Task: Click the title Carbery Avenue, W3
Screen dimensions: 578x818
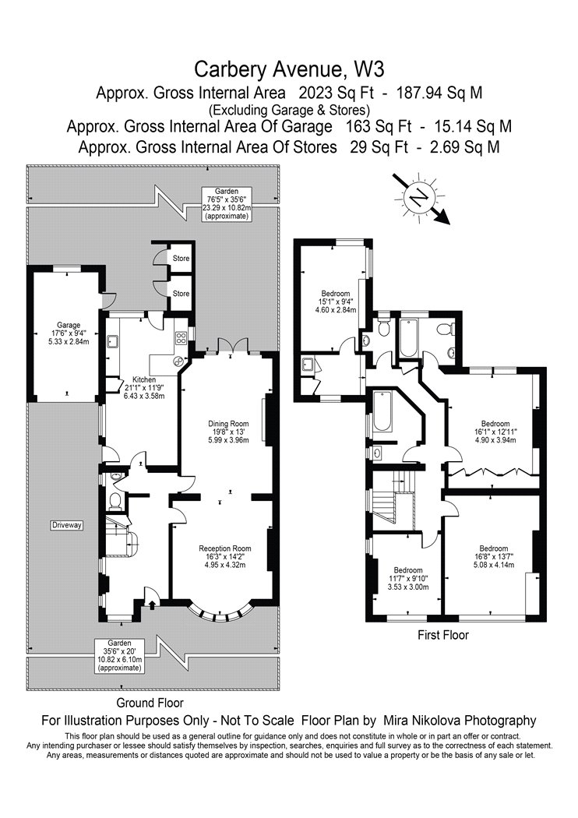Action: (290, 69)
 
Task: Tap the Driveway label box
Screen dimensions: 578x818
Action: (67, 525)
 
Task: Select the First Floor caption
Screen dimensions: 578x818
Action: (443, 635)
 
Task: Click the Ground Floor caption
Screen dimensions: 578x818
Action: (150, 703)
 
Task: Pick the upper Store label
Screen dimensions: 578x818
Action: (181, 258)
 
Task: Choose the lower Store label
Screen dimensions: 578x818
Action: (181, 294)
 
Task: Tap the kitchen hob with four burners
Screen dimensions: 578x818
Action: (181, 337)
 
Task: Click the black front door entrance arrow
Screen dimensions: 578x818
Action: (152, 605)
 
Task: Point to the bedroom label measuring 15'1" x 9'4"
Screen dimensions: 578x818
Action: (336, 301)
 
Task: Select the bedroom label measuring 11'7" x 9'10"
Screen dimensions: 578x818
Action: (408, 579)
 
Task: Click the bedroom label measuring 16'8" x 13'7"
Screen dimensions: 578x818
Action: (494, 557)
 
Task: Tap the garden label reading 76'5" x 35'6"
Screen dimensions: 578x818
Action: (227, 203)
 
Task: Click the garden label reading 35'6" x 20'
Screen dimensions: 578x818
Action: (119, 655)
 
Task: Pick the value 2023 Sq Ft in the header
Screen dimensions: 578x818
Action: (337, 93)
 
